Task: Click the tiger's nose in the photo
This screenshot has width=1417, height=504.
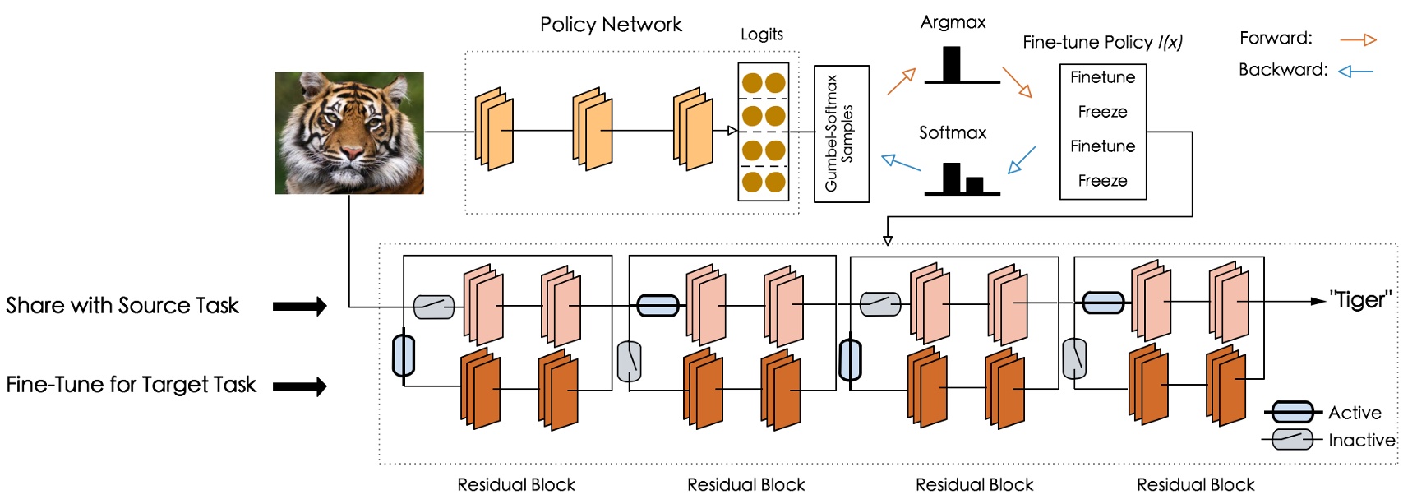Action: [x=352, y=153]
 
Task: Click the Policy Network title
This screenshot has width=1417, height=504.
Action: [x=611, y=25]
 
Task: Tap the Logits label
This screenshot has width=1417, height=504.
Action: [x=761, y=35]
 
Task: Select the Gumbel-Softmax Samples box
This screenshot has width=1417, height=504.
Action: [x=841, y=134]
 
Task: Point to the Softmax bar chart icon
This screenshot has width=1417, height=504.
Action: [x=962, y=178]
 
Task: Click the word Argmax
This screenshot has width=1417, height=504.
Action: [x=953, y=22]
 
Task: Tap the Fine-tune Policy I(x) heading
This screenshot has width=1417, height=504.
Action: [x=1102, y=42]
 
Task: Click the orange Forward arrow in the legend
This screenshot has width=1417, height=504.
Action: [x=1358, y=39]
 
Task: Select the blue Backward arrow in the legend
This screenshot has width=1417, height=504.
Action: [x=1356, y=72]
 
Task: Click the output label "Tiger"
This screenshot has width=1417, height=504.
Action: [x=1360, y=300]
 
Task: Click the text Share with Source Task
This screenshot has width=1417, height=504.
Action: [x=122, y=306]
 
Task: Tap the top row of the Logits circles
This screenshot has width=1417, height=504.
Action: [x=764, y=83]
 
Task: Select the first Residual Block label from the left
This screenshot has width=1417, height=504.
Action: [x=516, y=484]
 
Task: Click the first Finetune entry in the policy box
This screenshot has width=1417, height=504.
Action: [x=1102, y=77]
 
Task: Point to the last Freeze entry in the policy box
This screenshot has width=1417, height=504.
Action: [x=1102, y=181]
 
